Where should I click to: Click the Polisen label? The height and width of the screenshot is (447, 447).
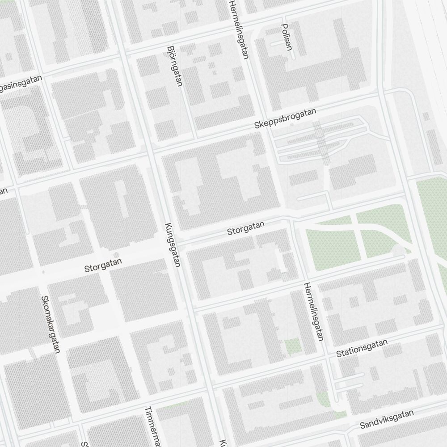click(x=287, y=37)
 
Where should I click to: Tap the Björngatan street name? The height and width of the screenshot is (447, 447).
click(x=174, y=66)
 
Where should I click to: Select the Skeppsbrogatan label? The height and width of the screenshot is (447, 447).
click(x=285, y=118)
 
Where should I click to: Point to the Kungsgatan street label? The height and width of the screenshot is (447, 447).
click(x=172, y=245)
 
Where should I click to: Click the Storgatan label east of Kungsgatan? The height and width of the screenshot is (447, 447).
click(x=246, y=228)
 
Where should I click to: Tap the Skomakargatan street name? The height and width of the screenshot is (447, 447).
click(x=50, y=324)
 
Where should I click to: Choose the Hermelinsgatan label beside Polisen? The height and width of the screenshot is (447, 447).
click(x=238, y=29)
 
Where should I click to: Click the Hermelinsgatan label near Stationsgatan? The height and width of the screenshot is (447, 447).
click(x=313, y=312)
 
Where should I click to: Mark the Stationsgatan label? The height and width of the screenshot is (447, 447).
click(x=362, y=348)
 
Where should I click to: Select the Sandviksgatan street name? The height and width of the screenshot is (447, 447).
click(x=387, y=420)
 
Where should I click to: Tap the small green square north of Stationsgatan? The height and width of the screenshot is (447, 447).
click(x=292, y=346)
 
